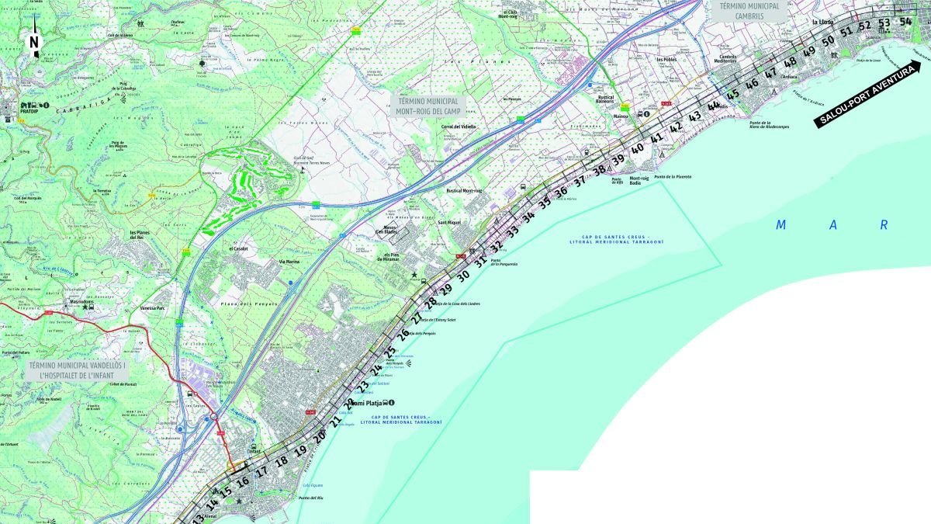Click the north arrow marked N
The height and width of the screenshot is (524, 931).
coord(33,43)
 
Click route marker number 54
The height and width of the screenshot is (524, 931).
coord(905,22)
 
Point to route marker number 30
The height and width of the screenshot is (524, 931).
coord(463,276)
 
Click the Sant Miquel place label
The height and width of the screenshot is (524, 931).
coord(450,223)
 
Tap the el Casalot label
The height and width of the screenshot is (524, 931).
coord(238,249)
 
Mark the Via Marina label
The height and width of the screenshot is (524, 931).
coord(289,262)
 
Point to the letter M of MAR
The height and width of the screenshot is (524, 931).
coord(782,226)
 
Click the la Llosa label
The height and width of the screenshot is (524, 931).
coord(821,23)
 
